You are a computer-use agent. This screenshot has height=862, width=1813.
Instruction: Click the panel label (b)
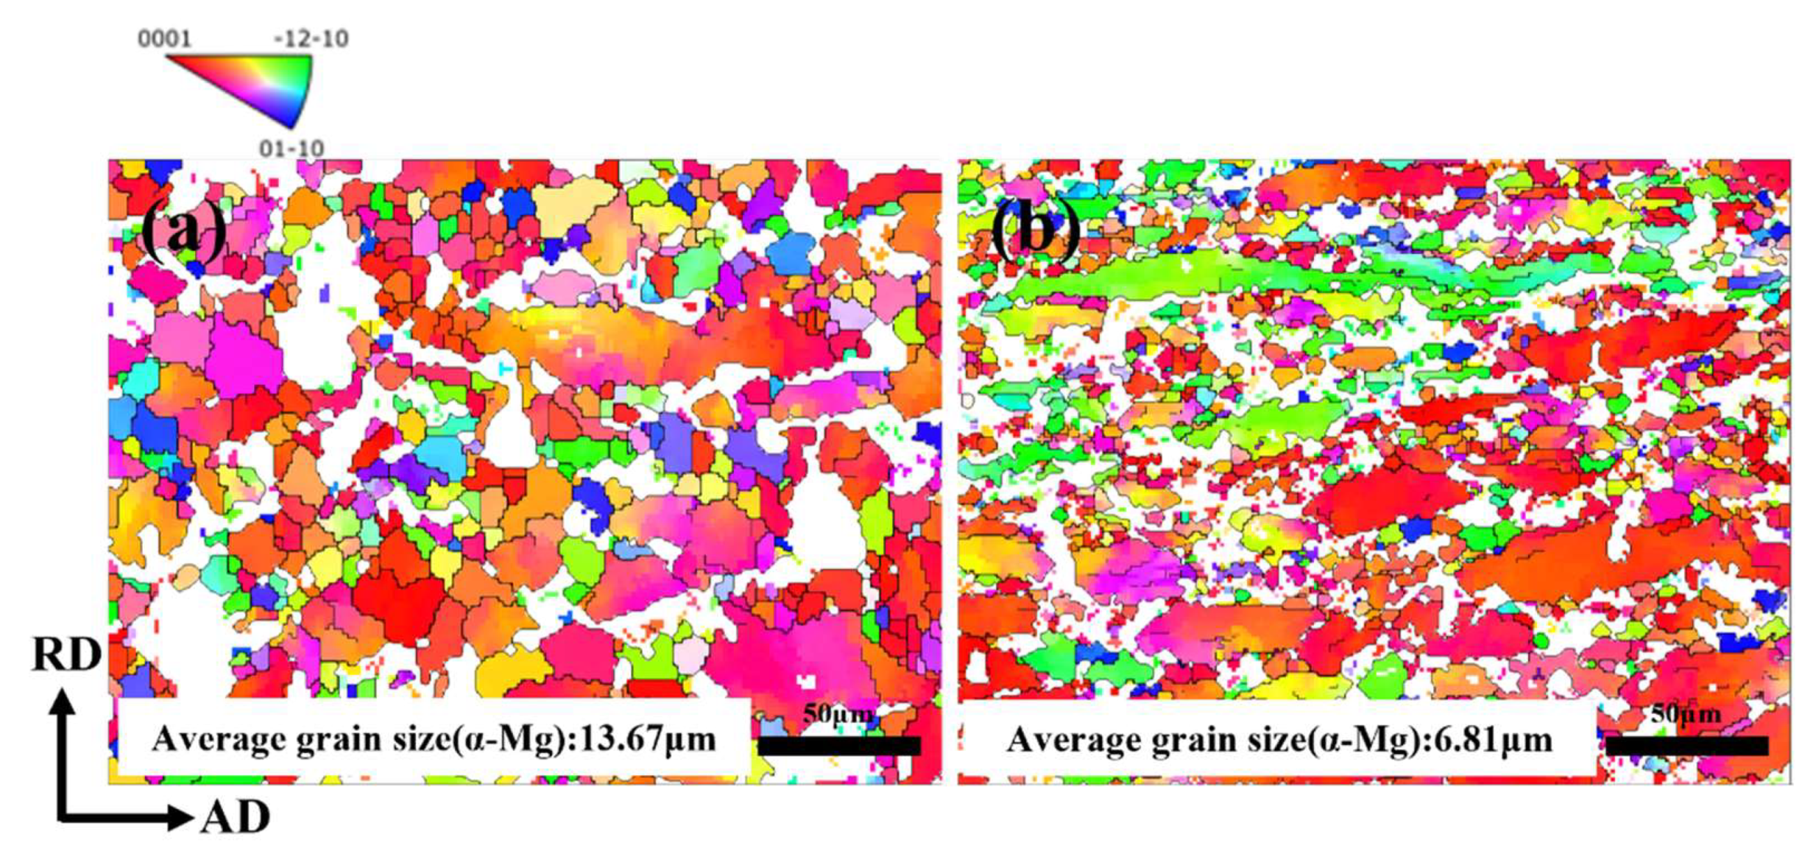click(1035, 233)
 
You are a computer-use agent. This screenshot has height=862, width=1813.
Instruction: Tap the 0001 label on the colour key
click(164, 39)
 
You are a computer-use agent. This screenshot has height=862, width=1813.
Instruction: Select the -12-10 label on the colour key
click(311, 39)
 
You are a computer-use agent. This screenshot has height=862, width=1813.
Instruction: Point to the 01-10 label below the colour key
click(291, 149)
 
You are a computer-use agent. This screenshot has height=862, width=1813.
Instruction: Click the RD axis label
click(67, 655)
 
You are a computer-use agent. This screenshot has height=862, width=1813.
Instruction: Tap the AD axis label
click(235, 818)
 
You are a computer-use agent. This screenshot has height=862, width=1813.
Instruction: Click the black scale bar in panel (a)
click(839, 746)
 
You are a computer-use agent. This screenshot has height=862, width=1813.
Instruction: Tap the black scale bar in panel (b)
click(1687, 746)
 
